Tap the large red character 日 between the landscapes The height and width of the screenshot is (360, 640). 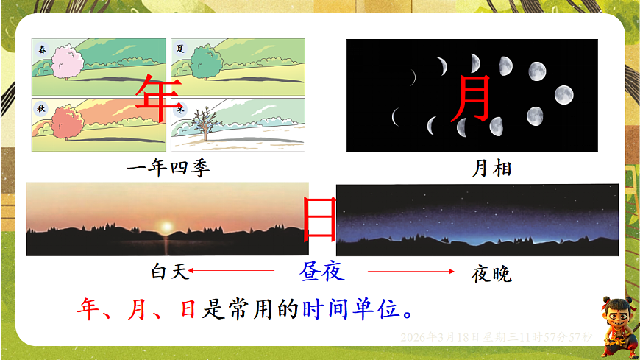[x=320, y=218]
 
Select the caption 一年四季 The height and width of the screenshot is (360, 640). [x=168, y=169]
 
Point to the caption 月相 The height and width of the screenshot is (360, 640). [x=491, y=169]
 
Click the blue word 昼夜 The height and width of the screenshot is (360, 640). [x=321, y=272]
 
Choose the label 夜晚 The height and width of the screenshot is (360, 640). [x=491, y=274]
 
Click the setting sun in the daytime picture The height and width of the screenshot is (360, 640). [x=166, y=226]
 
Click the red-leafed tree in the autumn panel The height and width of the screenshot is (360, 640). [x=65, y=123]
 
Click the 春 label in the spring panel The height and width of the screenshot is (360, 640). [x=43, y=49]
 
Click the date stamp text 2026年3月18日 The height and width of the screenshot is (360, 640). [x=440, y=337]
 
